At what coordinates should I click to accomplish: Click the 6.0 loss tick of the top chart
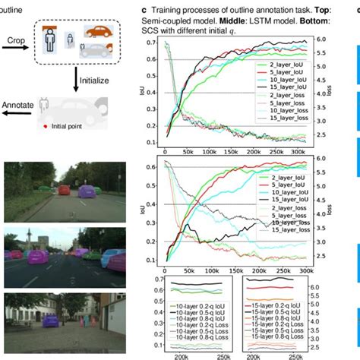pos(300,39)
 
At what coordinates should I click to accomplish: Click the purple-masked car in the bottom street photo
pos(49,321)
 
